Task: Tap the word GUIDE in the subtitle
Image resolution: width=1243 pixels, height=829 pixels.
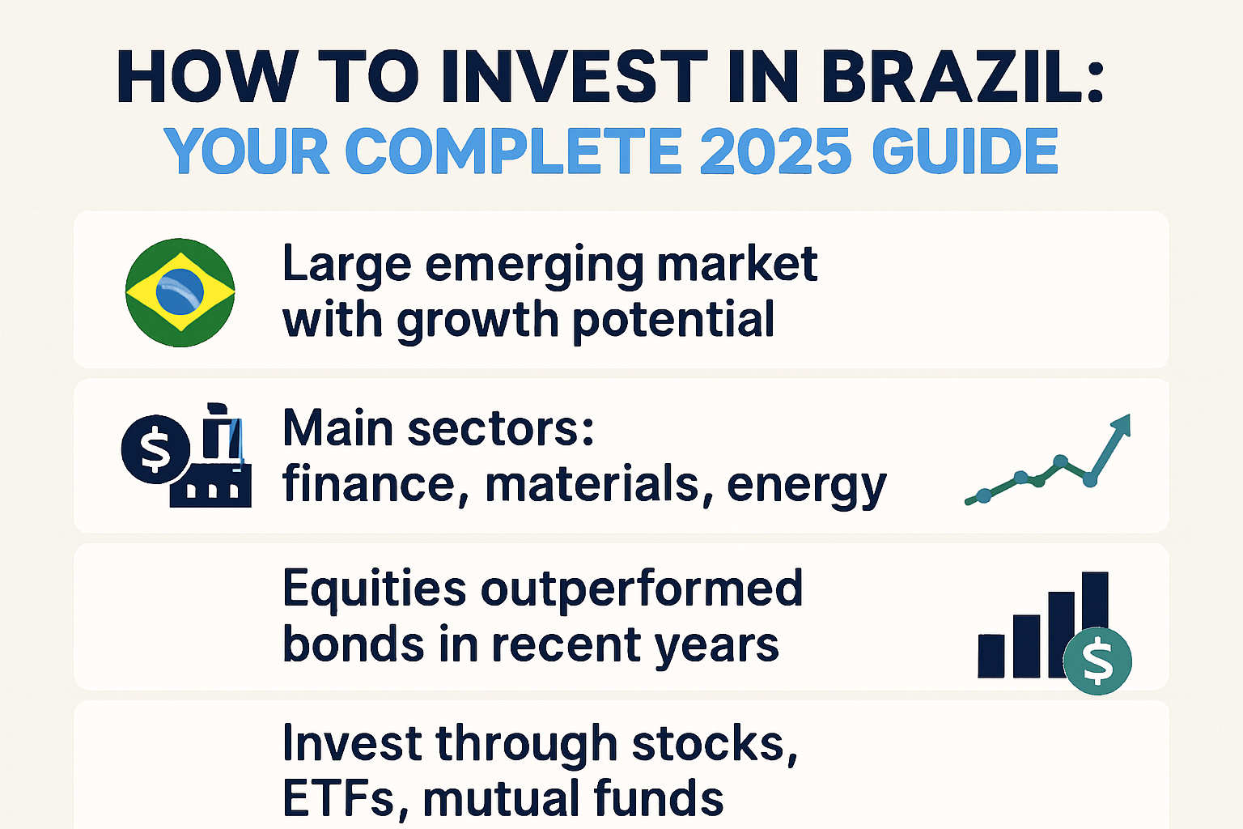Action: [x=965, y=151]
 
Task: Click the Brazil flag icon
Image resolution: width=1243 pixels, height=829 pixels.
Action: [x=180, y=292]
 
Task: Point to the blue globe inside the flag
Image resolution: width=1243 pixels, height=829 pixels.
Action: [x=179, y=291]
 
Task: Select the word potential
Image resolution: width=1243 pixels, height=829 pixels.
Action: [x=673, y=320]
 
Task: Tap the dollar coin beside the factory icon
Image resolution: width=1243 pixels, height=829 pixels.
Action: [x=155, y=449]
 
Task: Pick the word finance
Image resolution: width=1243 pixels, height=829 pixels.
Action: [x=369, y=484]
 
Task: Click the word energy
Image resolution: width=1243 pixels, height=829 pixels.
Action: [x=806, y=486]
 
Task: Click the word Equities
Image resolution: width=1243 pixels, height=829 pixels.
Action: [x=374, y=589]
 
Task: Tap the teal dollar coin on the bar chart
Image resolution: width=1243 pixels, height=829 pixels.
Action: [x=1097, y=661]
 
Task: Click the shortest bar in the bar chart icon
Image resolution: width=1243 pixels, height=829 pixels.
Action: [x=991, y=655]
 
